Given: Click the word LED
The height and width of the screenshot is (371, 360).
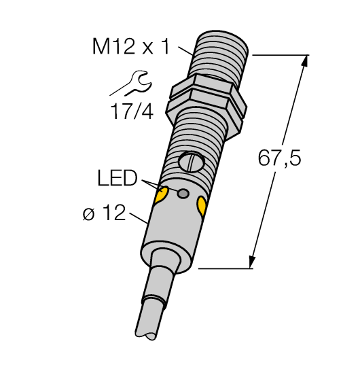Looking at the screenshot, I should click(x=116, y=179).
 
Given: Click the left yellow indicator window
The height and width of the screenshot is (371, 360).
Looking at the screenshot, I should click(x=162, y=197).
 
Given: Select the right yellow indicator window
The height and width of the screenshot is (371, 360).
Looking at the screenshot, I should click(x=202, y=205).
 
